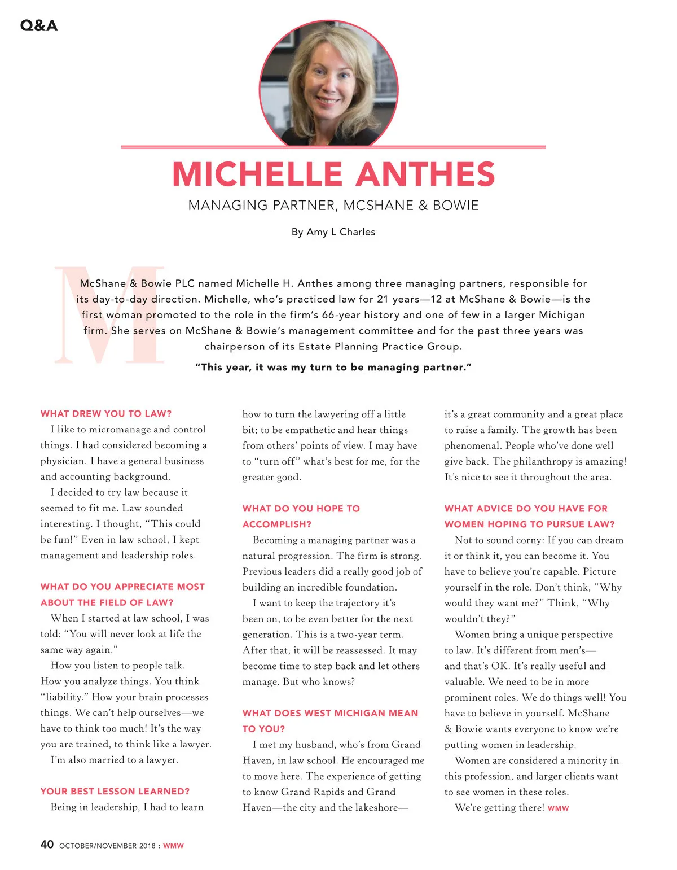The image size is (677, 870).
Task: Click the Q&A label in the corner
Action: (x=38, y=25)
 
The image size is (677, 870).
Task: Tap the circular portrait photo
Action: (x=329, y=84)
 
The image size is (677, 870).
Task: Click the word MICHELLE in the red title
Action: (x=257, y=174)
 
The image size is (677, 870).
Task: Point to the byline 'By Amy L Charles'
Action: (x=333, y=232)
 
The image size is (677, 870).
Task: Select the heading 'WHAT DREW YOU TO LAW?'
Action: (x=106, y=414)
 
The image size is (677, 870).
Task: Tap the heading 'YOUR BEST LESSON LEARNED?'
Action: (x=115, y=792)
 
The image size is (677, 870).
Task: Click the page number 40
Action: (x=47, y=845)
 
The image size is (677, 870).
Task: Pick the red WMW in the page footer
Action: (x=173, y=846)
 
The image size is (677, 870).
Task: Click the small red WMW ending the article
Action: (x=558, y=808)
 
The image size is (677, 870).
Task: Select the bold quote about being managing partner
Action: (x=333, y=368)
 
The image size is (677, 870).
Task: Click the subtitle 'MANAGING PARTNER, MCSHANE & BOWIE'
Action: (x=333, y=206)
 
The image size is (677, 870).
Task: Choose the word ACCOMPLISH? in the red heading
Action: (x=277, y=524)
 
